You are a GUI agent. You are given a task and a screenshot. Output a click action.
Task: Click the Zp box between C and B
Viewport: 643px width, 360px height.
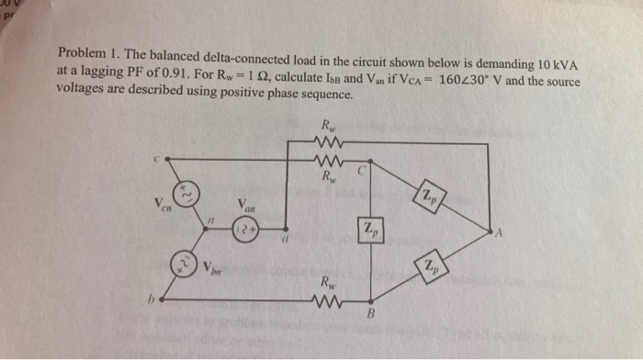(368, 231)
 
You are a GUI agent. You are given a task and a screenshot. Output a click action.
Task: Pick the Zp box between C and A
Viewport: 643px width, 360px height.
(430, 195)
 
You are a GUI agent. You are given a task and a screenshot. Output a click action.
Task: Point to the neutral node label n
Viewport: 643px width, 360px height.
(209, 223)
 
